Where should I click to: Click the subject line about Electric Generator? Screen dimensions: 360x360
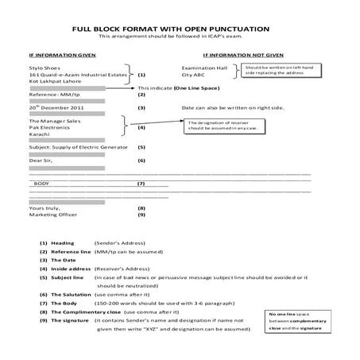79,147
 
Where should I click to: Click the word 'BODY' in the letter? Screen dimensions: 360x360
41,184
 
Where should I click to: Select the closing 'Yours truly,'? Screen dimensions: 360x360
45,207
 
